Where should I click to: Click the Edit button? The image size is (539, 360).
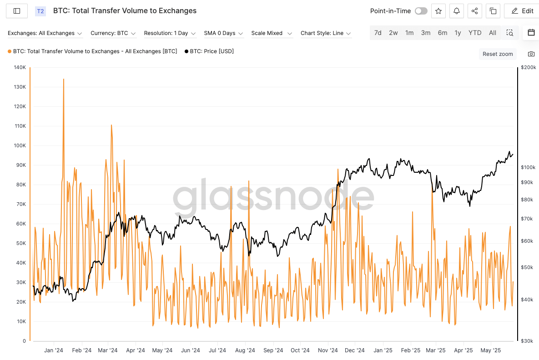click(x=522, y=11)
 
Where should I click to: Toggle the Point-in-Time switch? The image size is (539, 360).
click(x=421, y=11)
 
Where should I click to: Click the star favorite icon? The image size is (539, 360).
click(x=438, y=11)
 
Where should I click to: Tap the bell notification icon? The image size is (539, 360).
click(x=457, y=11)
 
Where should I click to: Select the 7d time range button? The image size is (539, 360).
click(x=378, y=33)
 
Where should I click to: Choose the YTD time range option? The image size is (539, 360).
click(x=475, y=33)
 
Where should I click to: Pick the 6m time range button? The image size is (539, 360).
click(x=442, y=33)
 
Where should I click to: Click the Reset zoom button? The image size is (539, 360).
click(x=498, y=54)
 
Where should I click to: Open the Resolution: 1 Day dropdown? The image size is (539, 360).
click(x=170, y=33)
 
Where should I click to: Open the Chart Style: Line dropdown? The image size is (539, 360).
click(x=325, y=33)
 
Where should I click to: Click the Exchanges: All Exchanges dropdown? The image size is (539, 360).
click(x=45, y=33)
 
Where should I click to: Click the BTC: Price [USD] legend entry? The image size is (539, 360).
click(x=209, y=51)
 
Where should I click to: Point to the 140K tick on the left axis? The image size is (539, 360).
click(x=20, y=67)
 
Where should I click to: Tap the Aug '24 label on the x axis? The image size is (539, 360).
click(x=245, y=350)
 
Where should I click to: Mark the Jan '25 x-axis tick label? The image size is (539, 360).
click(x=383, y=350)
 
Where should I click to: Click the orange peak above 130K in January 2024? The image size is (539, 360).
click(x=64, y=80)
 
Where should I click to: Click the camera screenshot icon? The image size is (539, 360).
click(x=531, y=54)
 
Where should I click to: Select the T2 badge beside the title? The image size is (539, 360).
click(x=40, y=11)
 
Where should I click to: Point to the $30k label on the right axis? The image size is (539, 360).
click(x=527, y=341)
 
